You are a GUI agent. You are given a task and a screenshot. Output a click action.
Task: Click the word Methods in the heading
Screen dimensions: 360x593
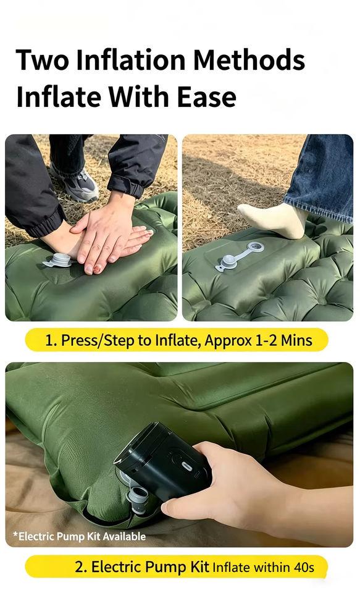pos(249,60)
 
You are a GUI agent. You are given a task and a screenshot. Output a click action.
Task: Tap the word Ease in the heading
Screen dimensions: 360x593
pos(206,97)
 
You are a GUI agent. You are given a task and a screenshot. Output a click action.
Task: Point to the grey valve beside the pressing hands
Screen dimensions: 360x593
pos(58,261)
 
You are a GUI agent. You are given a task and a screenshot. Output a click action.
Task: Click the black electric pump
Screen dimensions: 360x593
pos(162,461)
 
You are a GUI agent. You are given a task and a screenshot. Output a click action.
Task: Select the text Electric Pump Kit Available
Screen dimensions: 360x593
pos(80,536)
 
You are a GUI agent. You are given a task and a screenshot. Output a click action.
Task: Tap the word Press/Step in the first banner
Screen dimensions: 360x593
pos(97,341)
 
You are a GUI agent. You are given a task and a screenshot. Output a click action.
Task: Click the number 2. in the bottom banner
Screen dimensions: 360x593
pos(81,567)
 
